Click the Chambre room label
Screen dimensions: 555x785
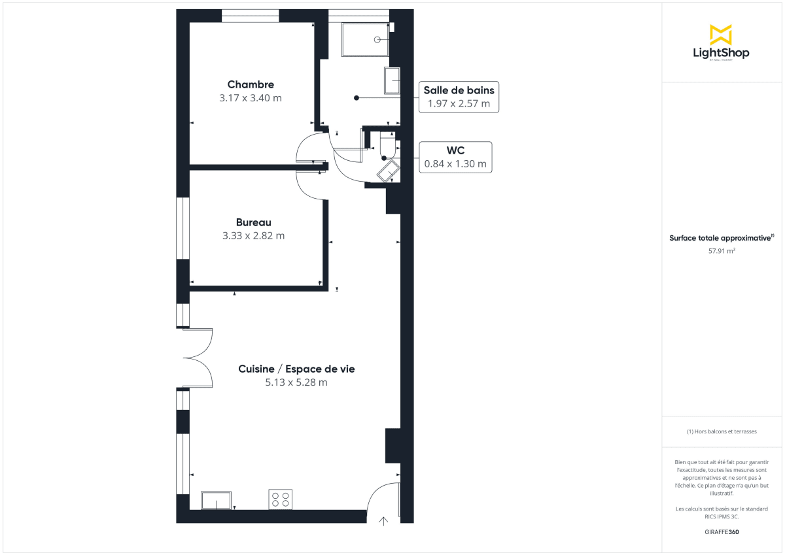tap(251, 84)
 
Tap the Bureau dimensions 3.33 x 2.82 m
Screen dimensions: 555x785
tap(253, 235)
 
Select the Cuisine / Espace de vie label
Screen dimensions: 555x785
tap(296, 369)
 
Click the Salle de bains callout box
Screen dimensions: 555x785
tap(459, 97)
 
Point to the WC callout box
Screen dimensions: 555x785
tap(456, 158)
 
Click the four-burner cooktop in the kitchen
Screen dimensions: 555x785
tap(281, 499)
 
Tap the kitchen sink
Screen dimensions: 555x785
tap(216, 500)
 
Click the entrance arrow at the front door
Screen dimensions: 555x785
tap(384, 520)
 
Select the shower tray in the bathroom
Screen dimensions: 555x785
tap(365, 40)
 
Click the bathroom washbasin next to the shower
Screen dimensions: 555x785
tap(392, 80)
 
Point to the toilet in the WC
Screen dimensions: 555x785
tap(387, 144)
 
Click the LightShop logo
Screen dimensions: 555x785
tap(721, 43)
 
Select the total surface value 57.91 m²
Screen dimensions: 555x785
tap(722, 250)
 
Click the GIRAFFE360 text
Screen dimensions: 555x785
tap(722, 532)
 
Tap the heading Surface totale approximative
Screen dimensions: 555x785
tap(721, 238)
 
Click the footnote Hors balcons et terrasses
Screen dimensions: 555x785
tap(722, 431)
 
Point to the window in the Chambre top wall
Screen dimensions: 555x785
tap(250, 16)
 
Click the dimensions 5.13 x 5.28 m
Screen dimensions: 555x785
tap(296, 382)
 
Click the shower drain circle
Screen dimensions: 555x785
tap(377, 40)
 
